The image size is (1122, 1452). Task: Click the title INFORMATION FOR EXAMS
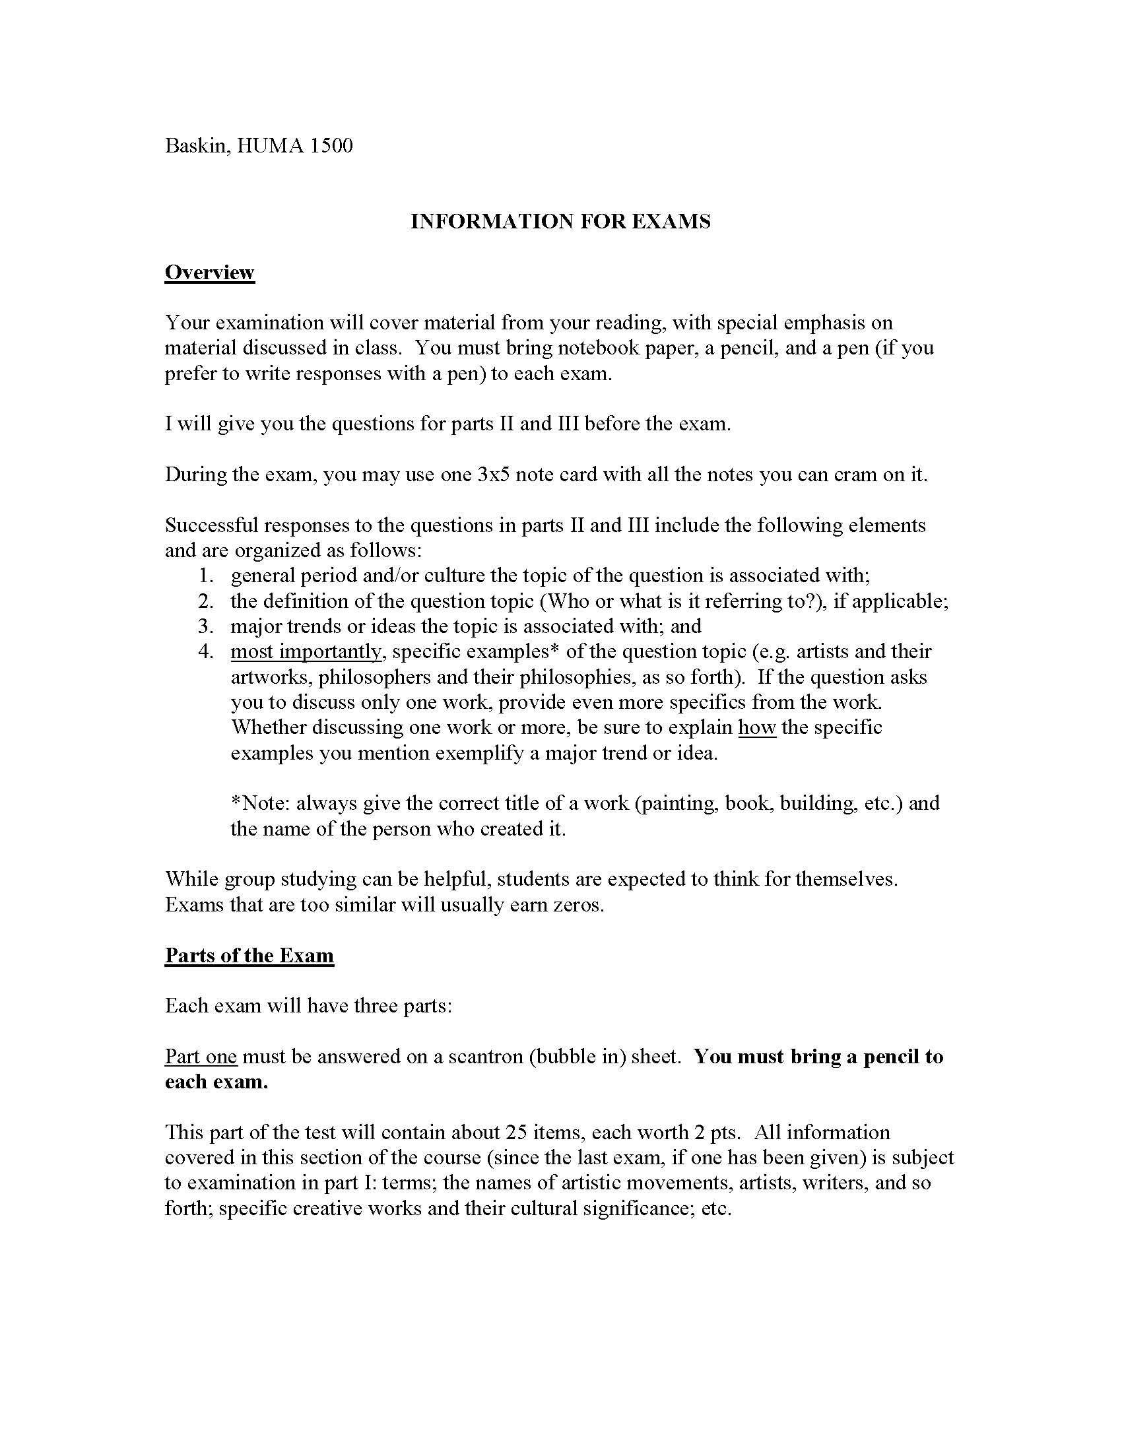point(560,221)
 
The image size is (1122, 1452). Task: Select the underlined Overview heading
point(209,273)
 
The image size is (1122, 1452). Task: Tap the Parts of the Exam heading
point(249,956)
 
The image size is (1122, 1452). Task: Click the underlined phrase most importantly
point(306,651)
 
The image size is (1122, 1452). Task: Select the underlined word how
point(757,727)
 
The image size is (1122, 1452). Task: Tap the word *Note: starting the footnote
point(260,803)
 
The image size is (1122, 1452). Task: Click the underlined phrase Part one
point(201,1057)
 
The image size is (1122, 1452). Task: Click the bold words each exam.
point(216,1082)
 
